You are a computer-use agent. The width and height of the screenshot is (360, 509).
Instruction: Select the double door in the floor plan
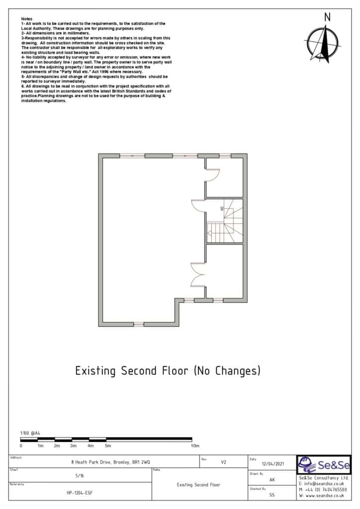pyautogui.click(x=198, y=274)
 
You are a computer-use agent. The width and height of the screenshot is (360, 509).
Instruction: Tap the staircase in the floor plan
pyautogui.click(x=224, y=221)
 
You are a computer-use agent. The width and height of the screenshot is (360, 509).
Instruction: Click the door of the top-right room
pyautogui.click(x=212, y=175)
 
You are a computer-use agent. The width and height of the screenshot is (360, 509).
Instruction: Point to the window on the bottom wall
pyautogui.click(x=139, y=324)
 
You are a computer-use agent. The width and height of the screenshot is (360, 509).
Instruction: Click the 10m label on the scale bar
pyautogui.click(x=195, y=446)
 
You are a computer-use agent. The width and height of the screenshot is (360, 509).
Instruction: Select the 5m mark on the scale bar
pyautogui.click(x=107, y=446)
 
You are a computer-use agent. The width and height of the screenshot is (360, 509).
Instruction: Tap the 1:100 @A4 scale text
pyautogui.click(x=30, y=433)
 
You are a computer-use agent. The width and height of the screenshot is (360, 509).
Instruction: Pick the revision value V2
pyautogui.click(x=223, y=462)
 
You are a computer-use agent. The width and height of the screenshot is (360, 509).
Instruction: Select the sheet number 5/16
pyautogui.click(x=80, y=476)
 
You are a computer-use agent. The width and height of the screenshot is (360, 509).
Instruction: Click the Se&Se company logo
pyautogui.click(x=324, y=465)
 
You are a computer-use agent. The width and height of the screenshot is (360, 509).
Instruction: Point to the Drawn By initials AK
pyautogui.click(x=272, y=480)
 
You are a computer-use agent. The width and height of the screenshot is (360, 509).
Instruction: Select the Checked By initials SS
pyautogui.click(x=272, y=495)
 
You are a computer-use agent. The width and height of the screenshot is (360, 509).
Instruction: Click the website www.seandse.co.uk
pyautogui.click(x=323, y=496)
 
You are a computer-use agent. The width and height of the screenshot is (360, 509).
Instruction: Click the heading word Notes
pyautogui.click(x=26, y=18)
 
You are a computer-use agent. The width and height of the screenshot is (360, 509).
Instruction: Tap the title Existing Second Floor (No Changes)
pyautogui.click(x=168, y=371)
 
